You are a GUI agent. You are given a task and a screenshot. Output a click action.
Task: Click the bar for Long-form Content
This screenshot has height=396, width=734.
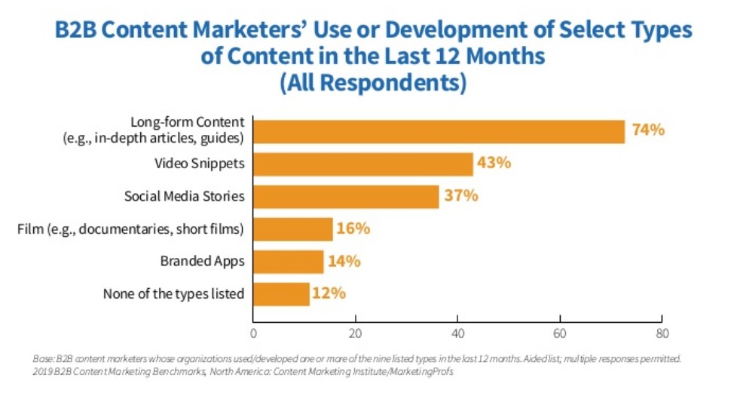(x=439, y=131)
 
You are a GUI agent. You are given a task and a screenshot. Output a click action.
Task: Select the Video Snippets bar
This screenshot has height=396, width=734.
(x=363, y=164)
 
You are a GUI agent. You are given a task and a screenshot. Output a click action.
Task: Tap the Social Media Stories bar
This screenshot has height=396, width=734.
(x=346, y=197)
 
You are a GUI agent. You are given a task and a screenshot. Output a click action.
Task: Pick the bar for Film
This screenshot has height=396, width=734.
(x=292, y=229)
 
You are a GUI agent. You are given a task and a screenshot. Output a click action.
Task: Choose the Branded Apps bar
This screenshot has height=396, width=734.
(x=288, y=262)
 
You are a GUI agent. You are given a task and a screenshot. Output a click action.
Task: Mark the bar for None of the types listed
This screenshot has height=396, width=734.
(x=281, y=294)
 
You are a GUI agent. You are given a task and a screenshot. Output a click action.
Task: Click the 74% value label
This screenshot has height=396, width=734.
(x=648, y=130)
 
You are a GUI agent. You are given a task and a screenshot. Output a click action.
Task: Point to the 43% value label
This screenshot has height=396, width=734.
(x=494, y=163)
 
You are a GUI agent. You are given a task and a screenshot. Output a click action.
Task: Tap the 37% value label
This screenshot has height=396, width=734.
(x=460, y=196)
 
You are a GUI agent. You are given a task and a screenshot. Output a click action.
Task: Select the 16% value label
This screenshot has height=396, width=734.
(x=354, y=229)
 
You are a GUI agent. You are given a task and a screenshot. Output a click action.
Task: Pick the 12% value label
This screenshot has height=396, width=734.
(x=330, y=293)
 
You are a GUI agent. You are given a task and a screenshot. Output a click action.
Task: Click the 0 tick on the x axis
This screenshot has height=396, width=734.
(x=253, y=333)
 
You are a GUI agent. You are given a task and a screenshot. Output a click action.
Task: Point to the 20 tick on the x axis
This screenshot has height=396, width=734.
(x=355, y=333)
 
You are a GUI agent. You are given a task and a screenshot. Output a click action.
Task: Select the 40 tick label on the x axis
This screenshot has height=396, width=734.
(x=457, y=333)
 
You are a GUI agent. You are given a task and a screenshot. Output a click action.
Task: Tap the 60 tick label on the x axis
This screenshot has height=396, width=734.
(x=559, y=333)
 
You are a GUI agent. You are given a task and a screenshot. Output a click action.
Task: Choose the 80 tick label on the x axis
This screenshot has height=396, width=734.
(x=661, y=333)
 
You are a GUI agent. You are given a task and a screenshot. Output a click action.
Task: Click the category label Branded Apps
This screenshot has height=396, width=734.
(x=202, y=262)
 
